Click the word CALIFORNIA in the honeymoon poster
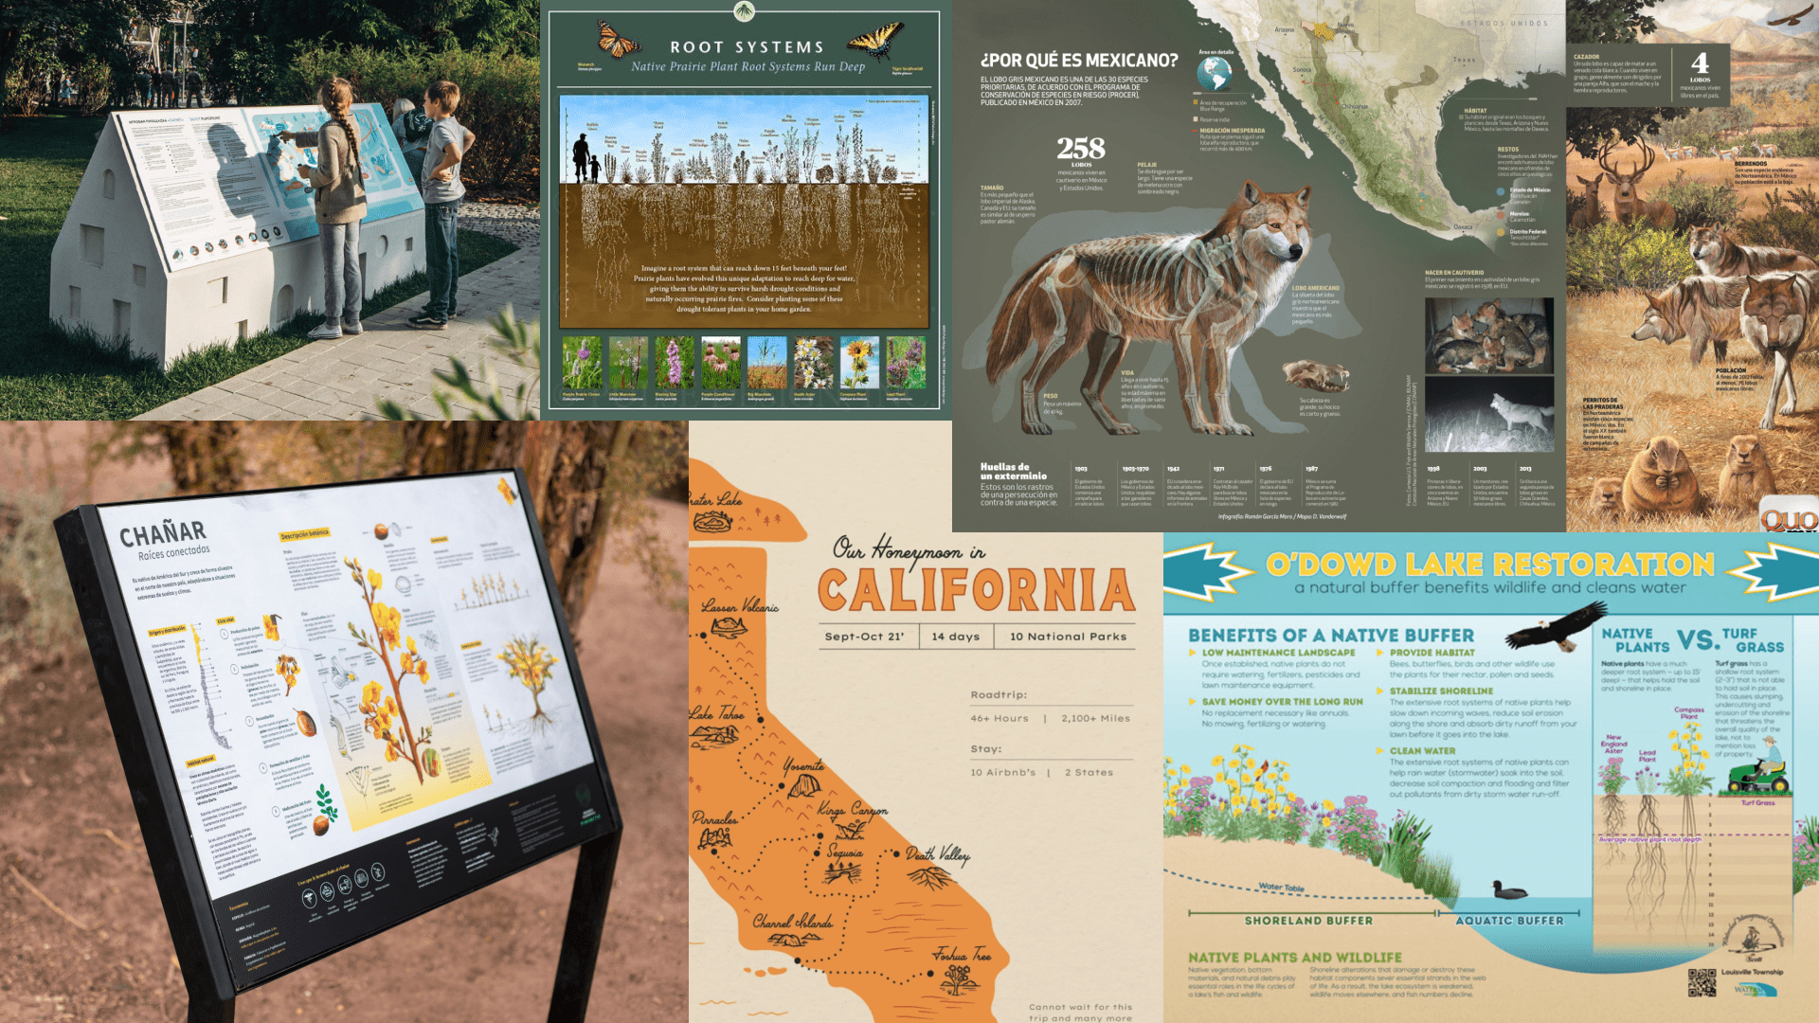tap(976, 590)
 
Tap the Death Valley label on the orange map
tap(938, 854)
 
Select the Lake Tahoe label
tap(716, 713)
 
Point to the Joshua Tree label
tap(962, 955)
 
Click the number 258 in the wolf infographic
tap(1081, 149)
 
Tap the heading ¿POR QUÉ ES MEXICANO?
tap(1079, 61)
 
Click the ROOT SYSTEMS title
tap(747, 47)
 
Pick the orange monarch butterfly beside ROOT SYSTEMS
tap(617, 40)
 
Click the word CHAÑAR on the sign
tap(162, 533)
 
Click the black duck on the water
tap(1509, 890)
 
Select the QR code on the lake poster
tap(1702, 982)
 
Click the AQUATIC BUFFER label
tap(1509, 921)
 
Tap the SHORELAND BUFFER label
tap(1308, 921)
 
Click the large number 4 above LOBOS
tap(1701, 63)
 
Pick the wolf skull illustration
tap(1316, 374)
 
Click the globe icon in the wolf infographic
tap(1214, 73)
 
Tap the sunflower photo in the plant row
tap(859, 362)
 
